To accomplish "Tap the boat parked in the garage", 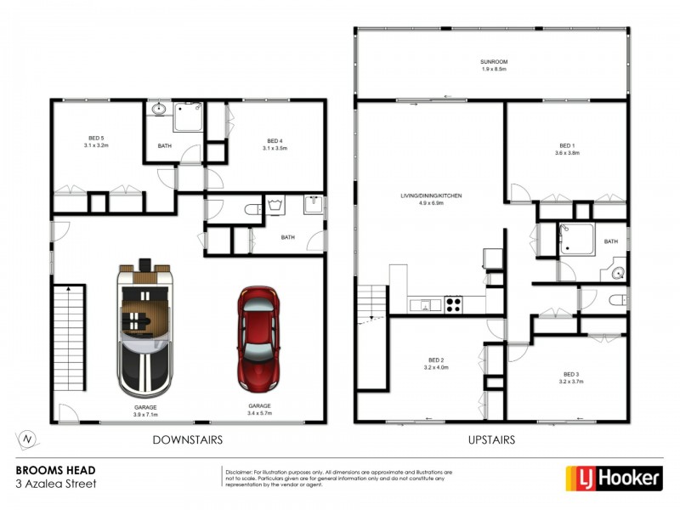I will [145, 328].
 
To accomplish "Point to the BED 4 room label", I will [275, 144].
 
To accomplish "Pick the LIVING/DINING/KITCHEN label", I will [431, 200].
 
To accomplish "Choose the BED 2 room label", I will [430, 364].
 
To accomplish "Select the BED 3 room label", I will [571, 377].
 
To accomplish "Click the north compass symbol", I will [28, 439].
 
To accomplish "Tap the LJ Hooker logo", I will [614, 479].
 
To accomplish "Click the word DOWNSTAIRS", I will [187, 440].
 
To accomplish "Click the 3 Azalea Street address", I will [56, 484].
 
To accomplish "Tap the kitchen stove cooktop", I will [453, 303].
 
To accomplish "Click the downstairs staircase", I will [68, 337].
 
